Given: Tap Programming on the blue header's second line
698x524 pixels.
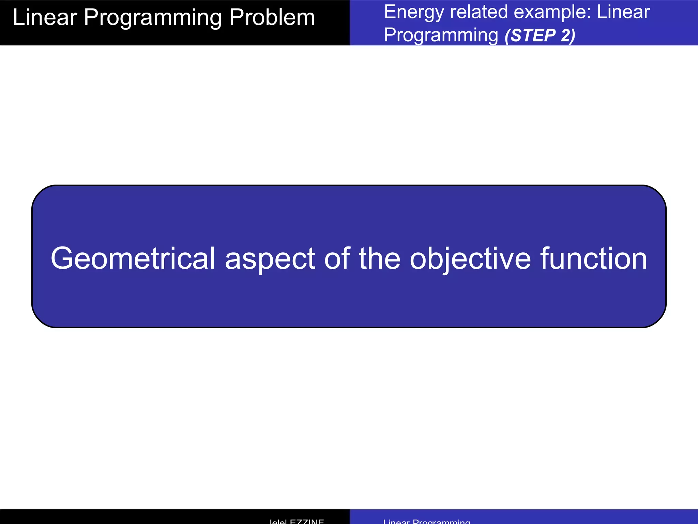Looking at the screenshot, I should click(441, 36).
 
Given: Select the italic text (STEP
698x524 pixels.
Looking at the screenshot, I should click(530, 36).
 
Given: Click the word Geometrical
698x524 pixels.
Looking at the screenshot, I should click(133, 259).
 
